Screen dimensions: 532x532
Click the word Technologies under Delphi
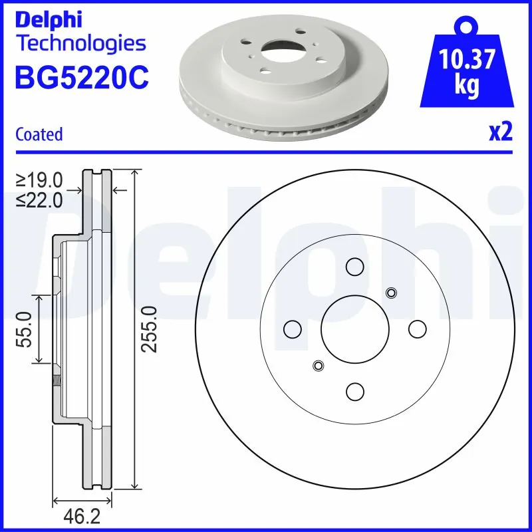click(x=80, y=44)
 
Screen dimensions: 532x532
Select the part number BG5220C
click(x=81, y=78)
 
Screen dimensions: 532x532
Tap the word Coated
click(x=39, y=134)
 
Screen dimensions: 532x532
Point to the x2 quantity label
click(x=500, y=133)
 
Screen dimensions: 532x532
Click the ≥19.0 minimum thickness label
click(x=41, y=180)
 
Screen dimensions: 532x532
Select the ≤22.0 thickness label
click(x=41, y=199)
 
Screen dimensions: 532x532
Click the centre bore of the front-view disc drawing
click(x=354, y=328)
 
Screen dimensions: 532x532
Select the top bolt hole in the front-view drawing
click(x=354, y=266)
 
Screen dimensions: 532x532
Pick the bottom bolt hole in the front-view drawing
click(x=354, y=391)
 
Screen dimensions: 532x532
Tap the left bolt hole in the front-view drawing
click(x=292, y=329)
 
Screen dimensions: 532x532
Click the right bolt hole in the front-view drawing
click(x=417, y=329)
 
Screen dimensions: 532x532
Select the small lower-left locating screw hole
click(x=318, y=365)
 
